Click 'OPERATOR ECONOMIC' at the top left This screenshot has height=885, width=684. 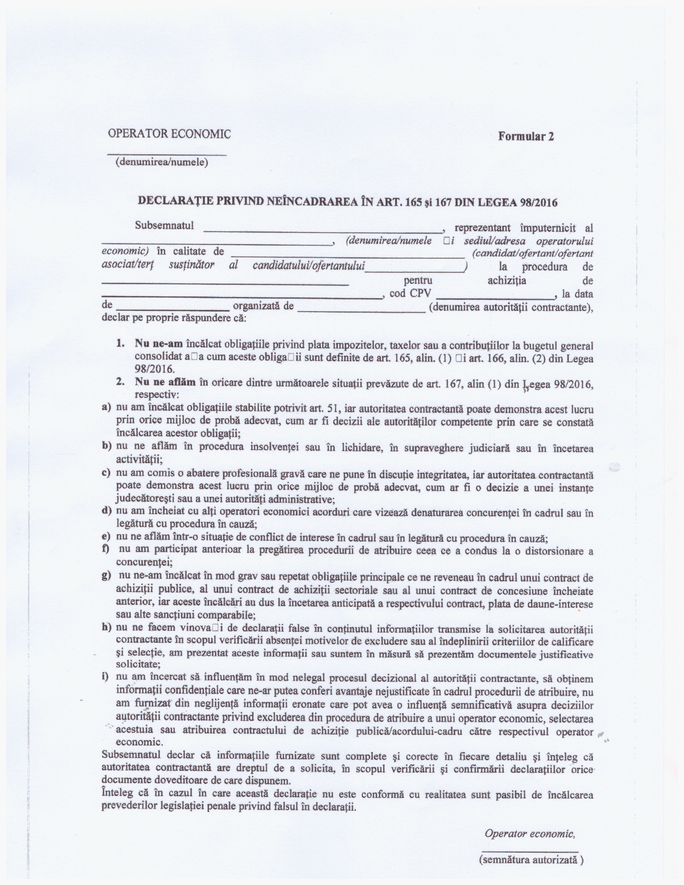click(169, 134)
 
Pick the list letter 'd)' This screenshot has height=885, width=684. click(106, 511)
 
